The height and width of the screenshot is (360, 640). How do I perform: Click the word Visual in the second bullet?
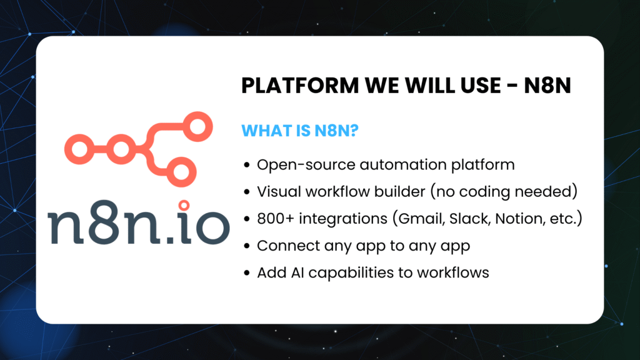point(276,192)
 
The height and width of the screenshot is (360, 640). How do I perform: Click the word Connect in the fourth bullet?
point(282,246)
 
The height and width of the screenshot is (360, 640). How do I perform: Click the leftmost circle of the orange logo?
point(80,148)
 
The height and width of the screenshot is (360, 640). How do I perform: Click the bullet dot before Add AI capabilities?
point(247,273)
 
